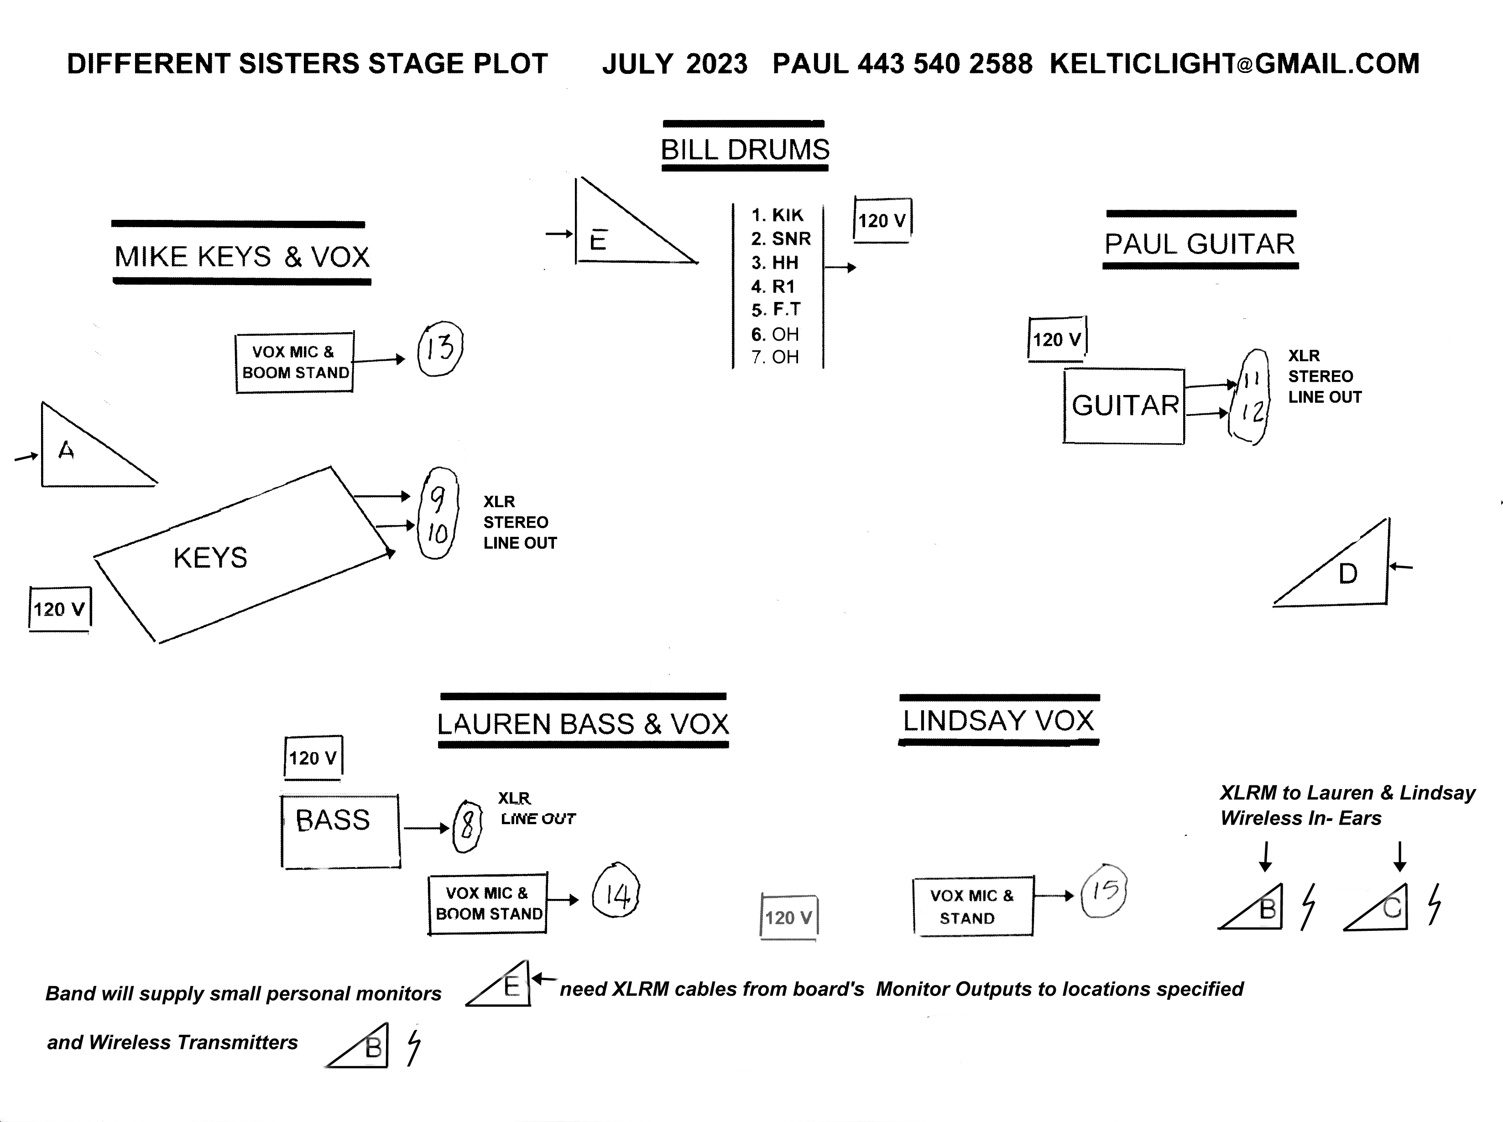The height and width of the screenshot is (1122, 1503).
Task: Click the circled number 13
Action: [439, 348]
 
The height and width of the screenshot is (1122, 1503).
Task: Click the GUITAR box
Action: [1124, 406]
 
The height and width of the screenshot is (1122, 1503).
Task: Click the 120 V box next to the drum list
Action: [882, 220]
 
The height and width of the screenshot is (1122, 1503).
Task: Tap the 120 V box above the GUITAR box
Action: [1057, 338]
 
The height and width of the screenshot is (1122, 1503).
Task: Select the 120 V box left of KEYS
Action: [60, 609]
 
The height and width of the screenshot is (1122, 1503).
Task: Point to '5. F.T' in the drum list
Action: [776, 310]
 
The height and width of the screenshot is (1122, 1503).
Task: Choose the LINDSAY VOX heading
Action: [998, 721]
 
